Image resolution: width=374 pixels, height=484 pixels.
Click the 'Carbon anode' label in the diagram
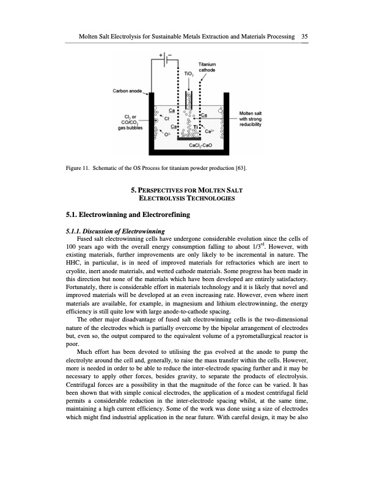point(127,91)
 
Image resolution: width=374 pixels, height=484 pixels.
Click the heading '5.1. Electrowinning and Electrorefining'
point(128,215)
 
